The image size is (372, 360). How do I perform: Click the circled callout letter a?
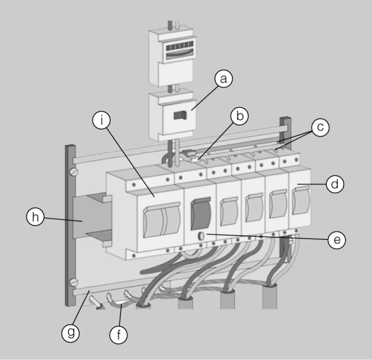[x=223, y=79]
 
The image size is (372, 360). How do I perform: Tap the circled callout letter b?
[x=239, y=116]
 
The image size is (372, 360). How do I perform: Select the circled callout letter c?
[x=321, y=128]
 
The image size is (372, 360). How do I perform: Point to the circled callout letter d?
[x=335, y=184]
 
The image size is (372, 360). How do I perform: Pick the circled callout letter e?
[x=337, y=240]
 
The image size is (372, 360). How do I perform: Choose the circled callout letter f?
[x=118, y=335]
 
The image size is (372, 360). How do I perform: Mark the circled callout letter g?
[x=71, y=333]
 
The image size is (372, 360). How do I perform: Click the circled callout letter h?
[x=35, y=217]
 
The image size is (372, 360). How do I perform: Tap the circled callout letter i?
[x=102, y=120]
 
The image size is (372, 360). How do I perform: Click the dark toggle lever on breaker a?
[x=180, y=115]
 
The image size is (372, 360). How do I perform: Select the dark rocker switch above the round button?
[x=201, y=213]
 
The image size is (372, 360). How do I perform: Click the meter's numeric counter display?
[x=180, y=46]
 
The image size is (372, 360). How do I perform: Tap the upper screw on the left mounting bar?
[x=74, y=172]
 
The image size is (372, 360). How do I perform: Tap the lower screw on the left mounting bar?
[x=74, y=282]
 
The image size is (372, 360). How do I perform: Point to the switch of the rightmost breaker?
[x=301, y=200]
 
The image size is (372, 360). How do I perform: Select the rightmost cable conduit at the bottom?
[x=270, y=296]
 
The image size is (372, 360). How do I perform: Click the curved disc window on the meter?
[x=180, y=55]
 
